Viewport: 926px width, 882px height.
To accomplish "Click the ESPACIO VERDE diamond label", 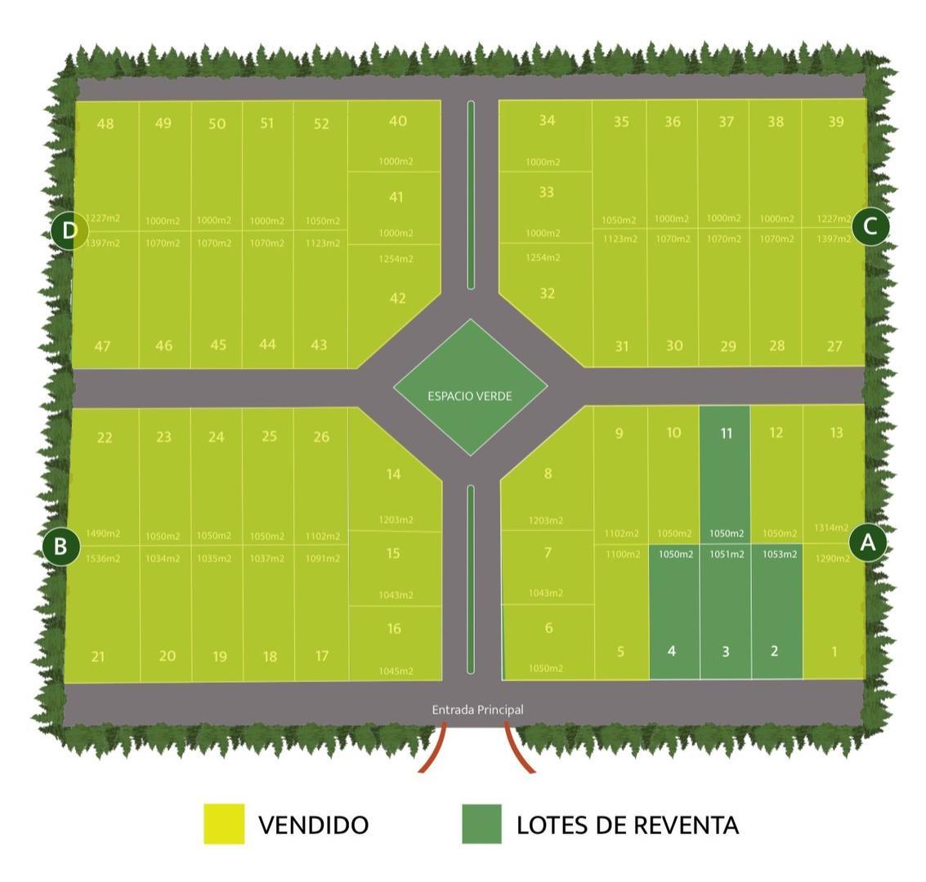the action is [x=469, y=396].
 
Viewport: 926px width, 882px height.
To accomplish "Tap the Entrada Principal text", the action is [x=477, y=710].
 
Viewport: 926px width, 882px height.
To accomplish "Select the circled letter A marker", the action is [x=868, y=542].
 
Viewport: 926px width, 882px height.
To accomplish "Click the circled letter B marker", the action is [x=60, y=546].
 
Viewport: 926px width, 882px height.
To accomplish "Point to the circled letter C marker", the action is [x=870, y=226].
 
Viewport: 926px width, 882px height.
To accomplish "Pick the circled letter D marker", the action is [x=69, y=230].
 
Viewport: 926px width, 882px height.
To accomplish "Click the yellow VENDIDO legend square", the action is [x=224, y=823].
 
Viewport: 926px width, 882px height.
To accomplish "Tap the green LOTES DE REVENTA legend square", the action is [x=481, y=823].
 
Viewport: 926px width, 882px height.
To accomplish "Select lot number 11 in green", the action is [x=726, y=434].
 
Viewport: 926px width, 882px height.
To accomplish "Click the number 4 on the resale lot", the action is [x=672, y=651].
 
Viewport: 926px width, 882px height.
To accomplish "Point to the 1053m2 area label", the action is [x=779, y=555].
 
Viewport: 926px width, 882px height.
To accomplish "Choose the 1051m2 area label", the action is [x=727, y=555].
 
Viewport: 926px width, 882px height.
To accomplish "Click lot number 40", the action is [x=397, y=121].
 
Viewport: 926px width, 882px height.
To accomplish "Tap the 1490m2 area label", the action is [x=103, y=533].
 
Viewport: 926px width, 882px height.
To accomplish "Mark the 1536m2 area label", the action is [x=103, y=559].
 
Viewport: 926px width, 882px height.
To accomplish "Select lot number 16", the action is [x=394, y=629].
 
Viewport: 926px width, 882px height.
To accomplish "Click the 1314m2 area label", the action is [x=831, y=528].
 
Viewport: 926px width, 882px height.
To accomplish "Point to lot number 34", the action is [x=547, y=121].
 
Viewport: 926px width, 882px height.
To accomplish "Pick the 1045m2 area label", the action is [x=396, y=671].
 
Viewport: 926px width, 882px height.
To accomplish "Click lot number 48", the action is [x=105, y=124].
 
